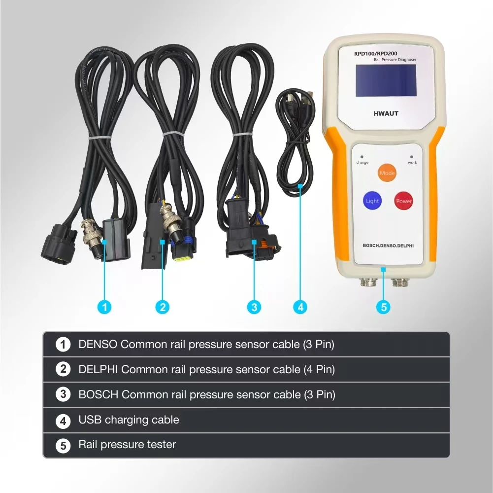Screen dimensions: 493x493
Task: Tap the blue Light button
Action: coord(372,201)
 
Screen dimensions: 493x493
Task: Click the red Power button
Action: coord(403,201)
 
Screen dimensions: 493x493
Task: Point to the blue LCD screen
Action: coord(386,80)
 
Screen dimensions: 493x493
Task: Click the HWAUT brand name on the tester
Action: coord(386,114)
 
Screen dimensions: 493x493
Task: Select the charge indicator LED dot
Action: coord(362,156)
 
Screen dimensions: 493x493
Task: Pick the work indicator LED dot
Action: coord(412,156)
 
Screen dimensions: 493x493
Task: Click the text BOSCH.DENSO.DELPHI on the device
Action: coord(388,246)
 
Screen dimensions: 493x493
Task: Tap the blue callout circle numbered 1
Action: coord(104,307)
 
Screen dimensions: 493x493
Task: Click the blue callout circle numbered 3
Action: coord(254,307)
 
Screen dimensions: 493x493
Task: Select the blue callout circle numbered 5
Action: coord(383,307)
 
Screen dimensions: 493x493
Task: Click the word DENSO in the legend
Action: coord(98,345)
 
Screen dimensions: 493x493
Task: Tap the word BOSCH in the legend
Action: coord(99,394)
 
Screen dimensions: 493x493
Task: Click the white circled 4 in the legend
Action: coord(63,421)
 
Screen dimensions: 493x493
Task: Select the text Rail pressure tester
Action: coord(127,445)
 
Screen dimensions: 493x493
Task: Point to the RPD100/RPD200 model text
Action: coord(375,54)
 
